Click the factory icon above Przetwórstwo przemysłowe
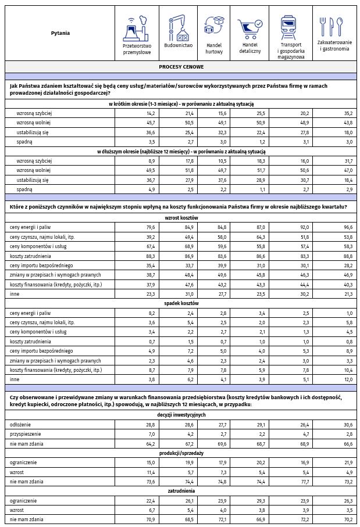[x=137, y=28]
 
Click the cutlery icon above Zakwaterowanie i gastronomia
[x=334, y=26]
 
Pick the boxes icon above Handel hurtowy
[x=214, y=26]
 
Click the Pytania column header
[x=60, y=33]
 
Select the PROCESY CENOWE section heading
[x=180, y=67]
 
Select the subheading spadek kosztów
[x=180, y=303]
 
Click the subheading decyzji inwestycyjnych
[x=180, y=415]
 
